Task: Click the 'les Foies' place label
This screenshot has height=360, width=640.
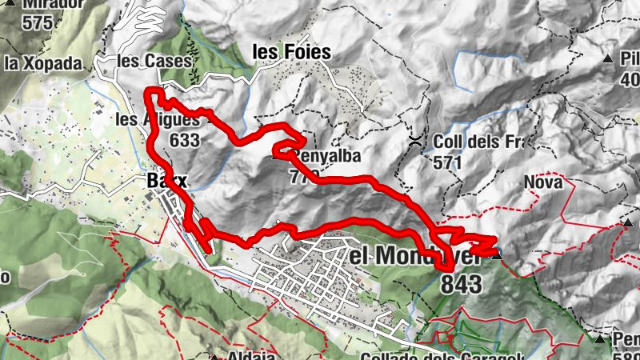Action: click(291, 52)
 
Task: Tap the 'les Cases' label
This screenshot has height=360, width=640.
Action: click(154, 61)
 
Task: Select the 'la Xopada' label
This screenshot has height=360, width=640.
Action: click(43, 62)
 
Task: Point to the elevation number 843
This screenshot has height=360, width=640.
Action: click(461, 283)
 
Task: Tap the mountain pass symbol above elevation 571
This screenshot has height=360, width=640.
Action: click(416, 141)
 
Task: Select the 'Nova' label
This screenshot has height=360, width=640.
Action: click(543, 182)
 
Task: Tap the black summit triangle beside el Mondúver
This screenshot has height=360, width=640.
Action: click(498, 256)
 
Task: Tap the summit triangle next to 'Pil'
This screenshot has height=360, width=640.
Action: click(607, 58)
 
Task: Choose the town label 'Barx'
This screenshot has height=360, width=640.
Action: click(166, 181)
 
